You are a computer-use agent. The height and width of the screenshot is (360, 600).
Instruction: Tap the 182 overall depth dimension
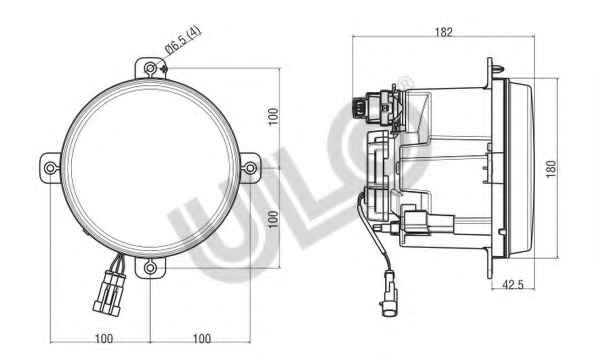[x=443, y=32]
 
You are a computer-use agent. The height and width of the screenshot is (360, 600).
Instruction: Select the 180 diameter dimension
[x=551, y=169]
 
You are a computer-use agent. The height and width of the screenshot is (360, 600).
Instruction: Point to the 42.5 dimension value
[x=513, y=285]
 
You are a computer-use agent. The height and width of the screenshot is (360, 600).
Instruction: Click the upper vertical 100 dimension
[x=273, y=117]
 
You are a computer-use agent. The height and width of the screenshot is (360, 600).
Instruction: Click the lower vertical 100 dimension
[x=273, y=219]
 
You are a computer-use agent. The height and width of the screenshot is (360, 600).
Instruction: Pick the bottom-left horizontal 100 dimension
[x=104, y=339]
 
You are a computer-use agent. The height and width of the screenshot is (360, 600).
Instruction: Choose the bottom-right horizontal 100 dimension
[x=202, y=339]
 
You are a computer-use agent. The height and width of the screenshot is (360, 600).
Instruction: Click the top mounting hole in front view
[x=150, y=68]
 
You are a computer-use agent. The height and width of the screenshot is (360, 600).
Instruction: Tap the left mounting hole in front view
[x=51, y=168]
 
